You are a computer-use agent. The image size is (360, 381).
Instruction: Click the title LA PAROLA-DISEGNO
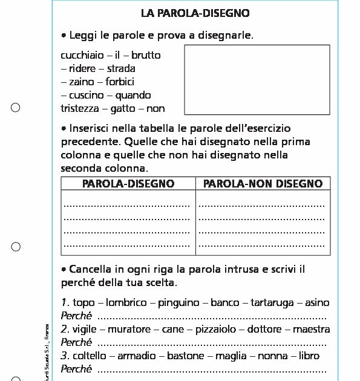[195, 13]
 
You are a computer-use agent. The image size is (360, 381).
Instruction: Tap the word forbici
[120, 82]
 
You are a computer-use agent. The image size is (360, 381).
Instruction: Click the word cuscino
[85, 95]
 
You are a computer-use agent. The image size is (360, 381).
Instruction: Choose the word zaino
[82, 82]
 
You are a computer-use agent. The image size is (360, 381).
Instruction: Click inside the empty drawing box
[257, 79]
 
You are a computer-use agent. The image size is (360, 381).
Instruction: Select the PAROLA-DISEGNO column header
[128, 183]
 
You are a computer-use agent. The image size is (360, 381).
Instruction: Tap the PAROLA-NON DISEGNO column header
[263, 183]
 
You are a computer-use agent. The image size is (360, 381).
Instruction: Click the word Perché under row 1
[76, 316]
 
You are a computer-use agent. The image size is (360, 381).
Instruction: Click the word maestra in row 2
[312, 330]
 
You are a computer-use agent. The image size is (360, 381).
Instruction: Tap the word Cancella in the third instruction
[90, 269]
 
